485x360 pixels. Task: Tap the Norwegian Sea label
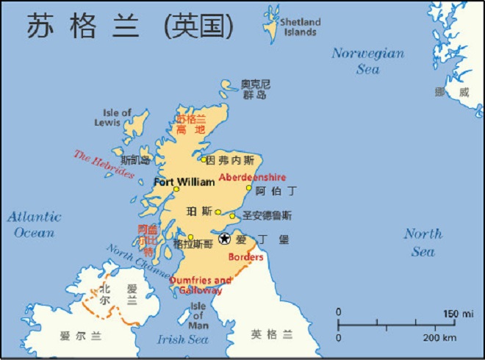pyautogui.click(x=367, y=61)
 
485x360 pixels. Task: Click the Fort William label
pyautogui.click(x=184, y=181)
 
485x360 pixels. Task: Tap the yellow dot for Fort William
pyautogui.click(x=176, y=190)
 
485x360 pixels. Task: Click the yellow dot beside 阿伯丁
pyautogui.click(x=248, y=188)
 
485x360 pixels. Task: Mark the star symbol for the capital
pyautogui.click(x=225, y=238)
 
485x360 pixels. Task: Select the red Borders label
pyautogui.click(x=245, y=257)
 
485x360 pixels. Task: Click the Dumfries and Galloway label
pyautogui.click(x=200, y=285)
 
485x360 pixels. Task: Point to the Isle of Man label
pyautogui.click(x=199, y=315)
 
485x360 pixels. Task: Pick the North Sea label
pyautogui.click(x=423, y=242)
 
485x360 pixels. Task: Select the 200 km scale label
pyautogui.click(x=440, y=337)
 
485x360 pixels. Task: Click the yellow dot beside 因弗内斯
pyautogui.click(x=204, y=159)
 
